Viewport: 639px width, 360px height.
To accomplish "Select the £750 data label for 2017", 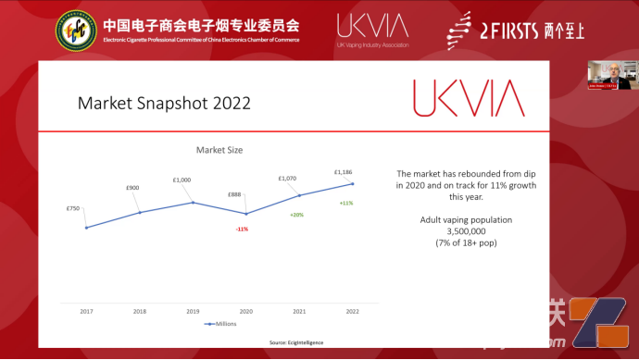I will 73,208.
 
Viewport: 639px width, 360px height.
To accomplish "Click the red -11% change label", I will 243,228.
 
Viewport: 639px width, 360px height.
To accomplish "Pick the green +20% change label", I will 296,215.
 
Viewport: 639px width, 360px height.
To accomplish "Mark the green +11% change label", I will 346,203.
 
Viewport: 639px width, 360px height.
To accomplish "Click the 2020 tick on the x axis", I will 245,312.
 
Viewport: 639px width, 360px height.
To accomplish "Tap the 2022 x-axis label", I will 353,312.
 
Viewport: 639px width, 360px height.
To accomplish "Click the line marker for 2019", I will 193,203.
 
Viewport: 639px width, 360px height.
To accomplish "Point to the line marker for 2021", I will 299,195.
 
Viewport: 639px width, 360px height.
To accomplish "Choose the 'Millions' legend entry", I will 222,324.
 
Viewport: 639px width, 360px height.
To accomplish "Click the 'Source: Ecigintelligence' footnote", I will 296,342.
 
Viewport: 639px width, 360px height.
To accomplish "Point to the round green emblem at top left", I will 75,31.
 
